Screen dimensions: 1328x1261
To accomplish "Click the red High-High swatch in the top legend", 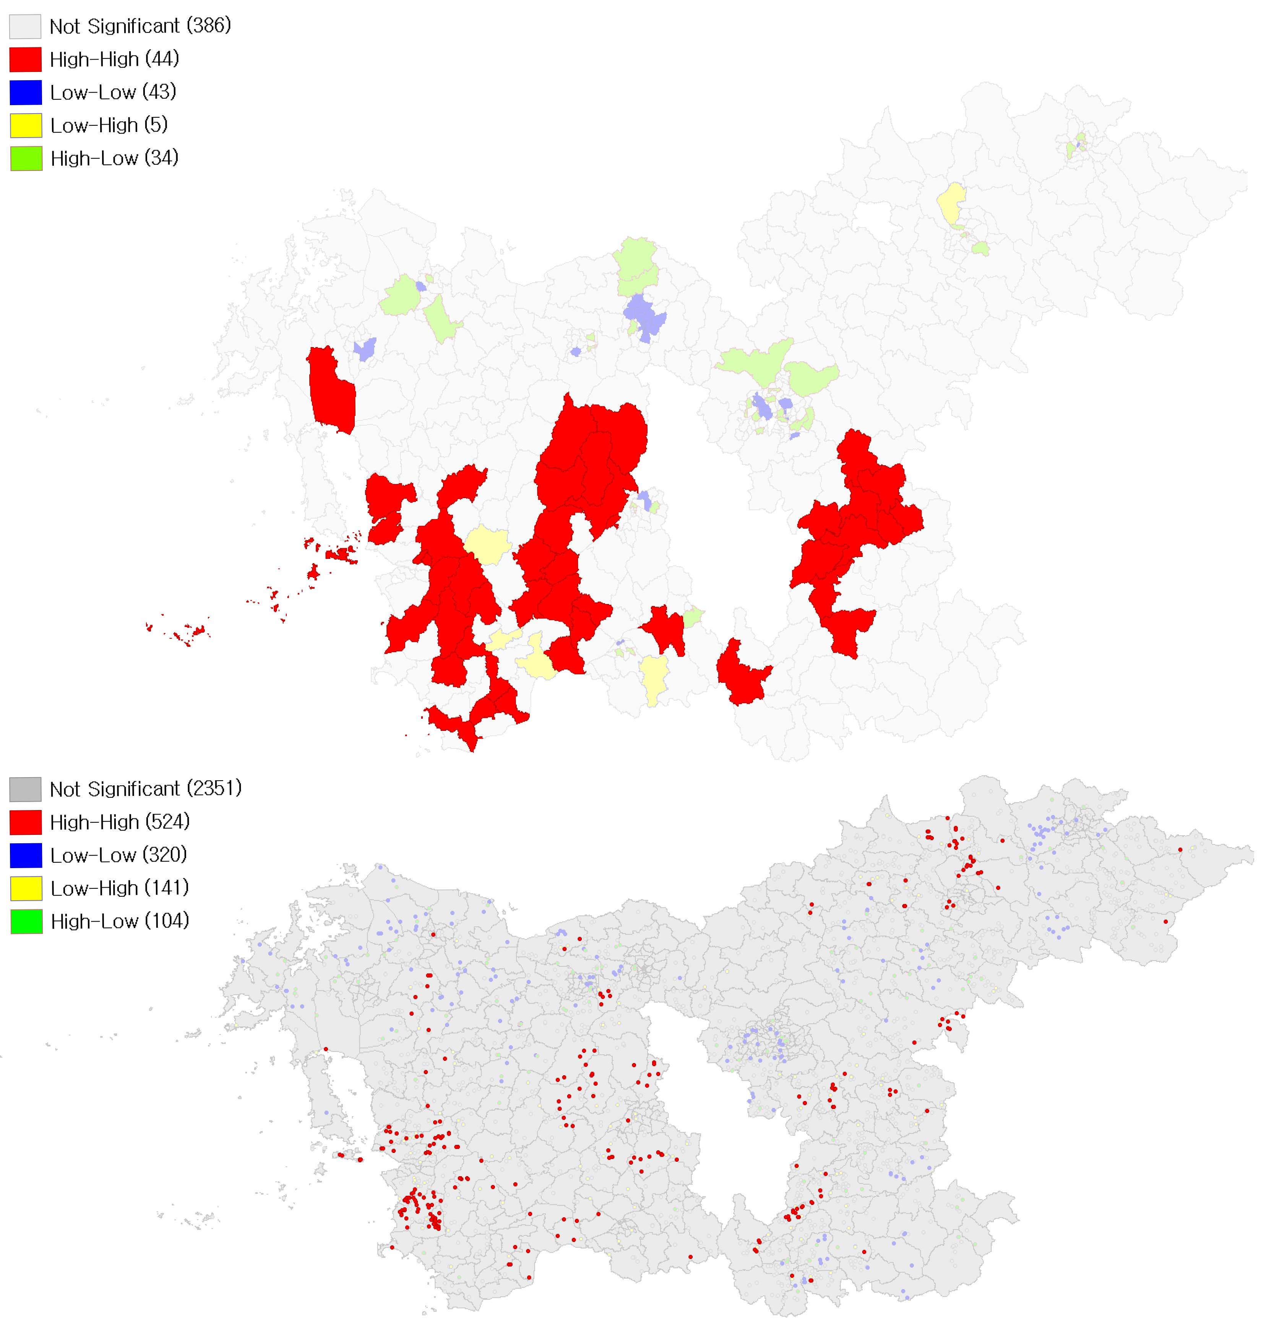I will pyautogui.click(x=26, y=59).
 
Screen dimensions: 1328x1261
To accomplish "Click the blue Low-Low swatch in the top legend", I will pyautogui.click(x=26, y=92).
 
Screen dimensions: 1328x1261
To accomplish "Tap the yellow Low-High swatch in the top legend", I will pyautogui.click(x=26, y=125).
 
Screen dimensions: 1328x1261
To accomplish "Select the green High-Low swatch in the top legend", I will pyautogui.click(x=26, y=158).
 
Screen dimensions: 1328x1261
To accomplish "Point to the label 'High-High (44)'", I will pyautogui.click(x=114, y=59).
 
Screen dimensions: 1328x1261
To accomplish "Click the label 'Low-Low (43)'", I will pyautogui.click(x=113, y=92).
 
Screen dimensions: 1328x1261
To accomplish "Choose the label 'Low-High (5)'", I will pyautogui.click(x=109, y=125).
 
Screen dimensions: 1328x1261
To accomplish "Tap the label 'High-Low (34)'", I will pyautogui.click(x=114, y=158).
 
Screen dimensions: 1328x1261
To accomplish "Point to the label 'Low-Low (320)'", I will pyautogui.click(x=118, y=855).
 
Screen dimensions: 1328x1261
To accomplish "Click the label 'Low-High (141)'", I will pyautogui.click(x=120, y=888).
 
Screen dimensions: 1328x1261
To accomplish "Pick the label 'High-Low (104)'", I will pyautogui.click(x=120, y=921).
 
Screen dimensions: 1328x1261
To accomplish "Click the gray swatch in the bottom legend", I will pyautogui.click(x=26, y=789).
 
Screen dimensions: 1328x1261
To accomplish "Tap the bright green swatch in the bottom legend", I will pyautogui.click(x=26, y=921).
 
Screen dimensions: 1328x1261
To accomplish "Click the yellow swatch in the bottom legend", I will pyautogui.click(x=26, y=888).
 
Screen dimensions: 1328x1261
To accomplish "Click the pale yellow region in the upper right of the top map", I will pyautogui.click(x=951, y=204).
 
